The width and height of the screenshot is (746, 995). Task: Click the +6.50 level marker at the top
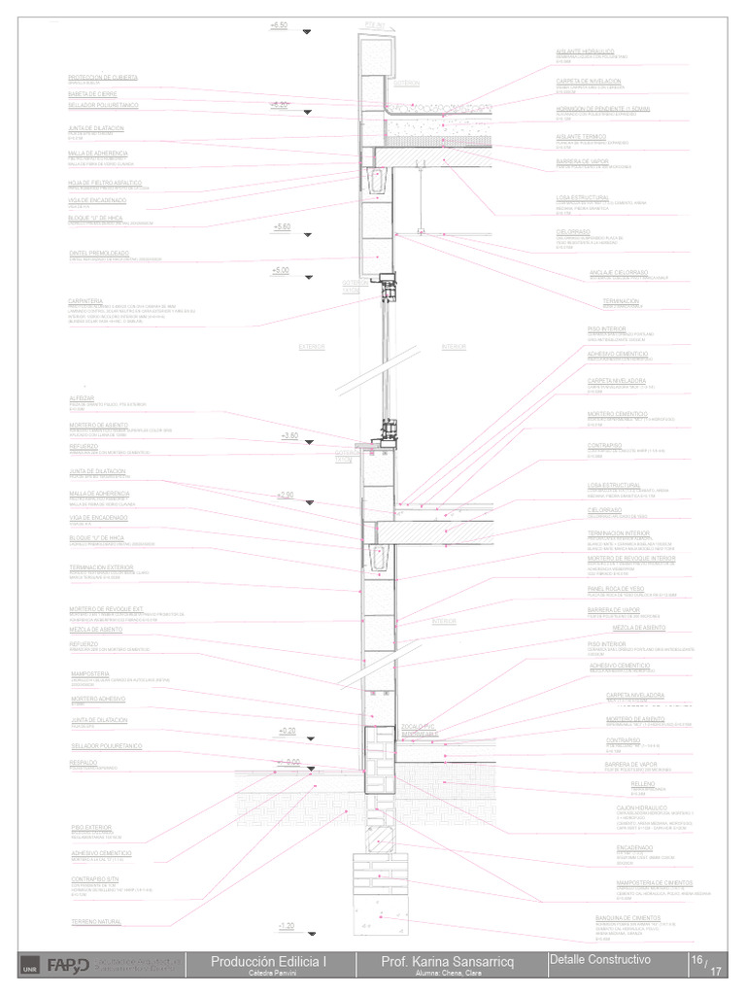click(x=280, y=24)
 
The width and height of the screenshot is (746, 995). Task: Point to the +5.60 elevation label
click(x=283, y=226)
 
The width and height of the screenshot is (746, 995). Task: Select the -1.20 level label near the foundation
click(x=286, y=926)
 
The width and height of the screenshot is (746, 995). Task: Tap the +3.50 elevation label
click(x=289, y=436)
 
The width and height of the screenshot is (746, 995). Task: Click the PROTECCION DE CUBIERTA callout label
click(x=103, y=77)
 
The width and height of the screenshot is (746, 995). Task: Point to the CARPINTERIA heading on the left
click(x=86, y=300)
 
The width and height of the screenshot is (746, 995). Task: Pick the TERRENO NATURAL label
click(x=96, y=921)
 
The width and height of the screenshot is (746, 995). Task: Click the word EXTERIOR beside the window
click(x=312, y=345)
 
